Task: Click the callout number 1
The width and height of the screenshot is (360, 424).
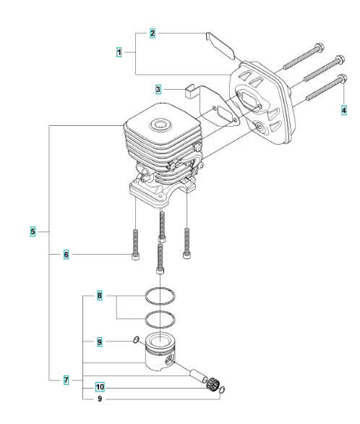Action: tap(119, 52)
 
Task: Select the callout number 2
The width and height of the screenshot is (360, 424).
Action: tap(153, 33)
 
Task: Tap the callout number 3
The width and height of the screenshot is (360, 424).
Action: tap(158, 89)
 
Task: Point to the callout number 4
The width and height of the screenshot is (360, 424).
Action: tap(344, 110)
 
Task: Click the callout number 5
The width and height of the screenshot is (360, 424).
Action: tap(33, 232)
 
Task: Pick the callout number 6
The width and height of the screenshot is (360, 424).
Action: tap(67, 255)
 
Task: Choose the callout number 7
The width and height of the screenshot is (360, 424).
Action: tap(67, 380)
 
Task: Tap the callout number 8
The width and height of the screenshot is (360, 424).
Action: tap(99, 295)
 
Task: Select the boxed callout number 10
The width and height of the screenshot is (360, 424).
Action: tap(100, 387)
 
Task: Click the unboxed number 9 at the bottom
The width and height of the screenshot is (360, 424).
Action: tap(100, 399)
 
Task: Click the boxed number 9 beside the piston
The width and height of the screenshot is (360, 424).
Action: tap(99, 342)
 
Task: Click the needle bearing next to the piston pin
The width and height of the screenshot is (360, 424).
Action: tap(213, 383)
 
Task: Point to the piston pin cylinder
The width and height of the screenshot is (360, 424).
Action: tap(199, 376)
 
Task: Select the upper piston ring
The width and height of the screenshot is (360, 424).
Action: tap(160, 296)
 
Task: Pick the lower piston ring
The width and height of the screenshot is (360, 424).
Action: tap(160, 319)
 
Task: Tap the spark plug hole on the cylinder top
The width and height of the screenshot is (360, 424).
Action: tap(160, 125)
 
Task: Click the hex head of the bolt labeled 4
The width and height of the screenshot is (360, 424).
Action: tap(343, 78)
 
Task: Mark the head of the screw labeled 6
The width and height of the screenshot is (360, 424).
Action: tap(135, 257)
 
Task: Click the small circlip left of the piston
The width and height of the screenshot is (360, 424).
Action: tap(137, 339)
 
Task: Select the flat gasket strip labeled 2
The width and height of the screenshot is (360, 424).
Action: tap(220, 46)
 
